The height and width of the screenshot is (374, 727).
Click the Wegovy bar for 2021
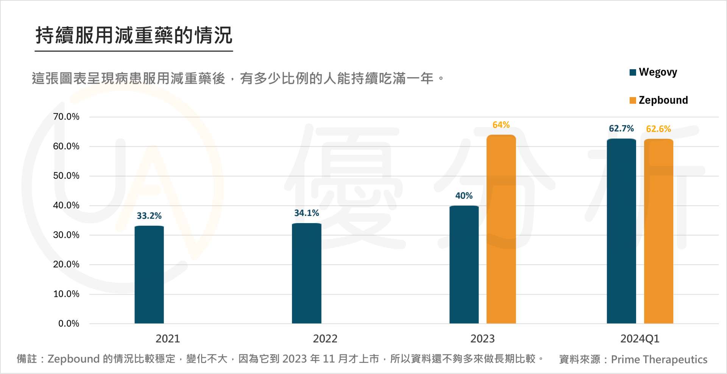pyautogui.click(x=149, y=275)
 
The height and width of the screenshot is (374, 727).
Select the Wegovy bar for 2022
pyautogui.click(x=306, y=273)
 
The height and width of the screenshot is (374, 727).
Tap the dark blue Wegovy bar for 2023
pyautogui.click(x=464, y=265)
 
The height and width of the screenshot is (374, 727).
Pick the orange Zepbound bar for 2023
pyautogui.click(x=501, y=229)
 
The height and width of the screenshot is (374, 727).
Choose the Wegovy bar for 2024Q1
pyautogui.click(x=621, y=231)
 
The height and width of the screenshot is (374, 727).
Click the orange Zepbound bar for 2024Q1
pyautogui.click(x=658, y=231)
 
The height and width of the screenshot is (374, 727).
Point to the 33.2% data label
pyautogui.click(x=149, y=216)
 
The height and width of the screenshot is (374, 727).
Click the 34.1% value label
pyautogui.click(x=306, y=213)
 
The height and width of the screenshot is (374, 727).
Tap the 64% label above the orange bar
pyautogui.click(x=501, y=125)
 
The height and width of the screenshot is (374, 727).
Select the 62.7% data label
pyautogui.click(x=621, y=129)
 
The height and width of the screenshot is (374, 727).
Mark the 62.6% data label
pyautogui.click(x=658, y=129)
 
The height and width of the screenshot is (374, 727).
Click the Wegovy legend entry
pyautogui.click(x=653, y=72)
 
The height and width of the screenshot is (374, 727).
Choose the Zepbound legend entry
pyautogui.click(x=658, y=100)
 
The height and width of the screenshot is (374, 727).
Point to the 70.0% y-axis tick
pyautogui.click(x=66, y=117)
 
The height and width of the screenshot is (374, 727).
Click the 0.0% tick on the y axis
pyautogui.click(x=69, y=324)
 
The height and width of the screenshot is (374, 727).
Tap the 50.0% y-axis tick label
pyautogui.click(x=66, y=176)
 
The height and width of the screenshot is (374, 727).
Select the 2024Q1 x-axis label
pyautogui.click(x=640, y=339)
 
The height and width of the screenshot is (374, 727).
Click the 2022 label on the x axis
pyautogui.click(x=325, y=339)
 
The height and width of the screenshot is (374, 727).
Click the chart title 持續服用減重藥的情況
pyautogui.click(x=134, y=36)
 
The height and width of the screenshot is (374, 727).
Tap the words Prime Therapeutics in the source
pyautogui.click(x=659, y=359)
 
